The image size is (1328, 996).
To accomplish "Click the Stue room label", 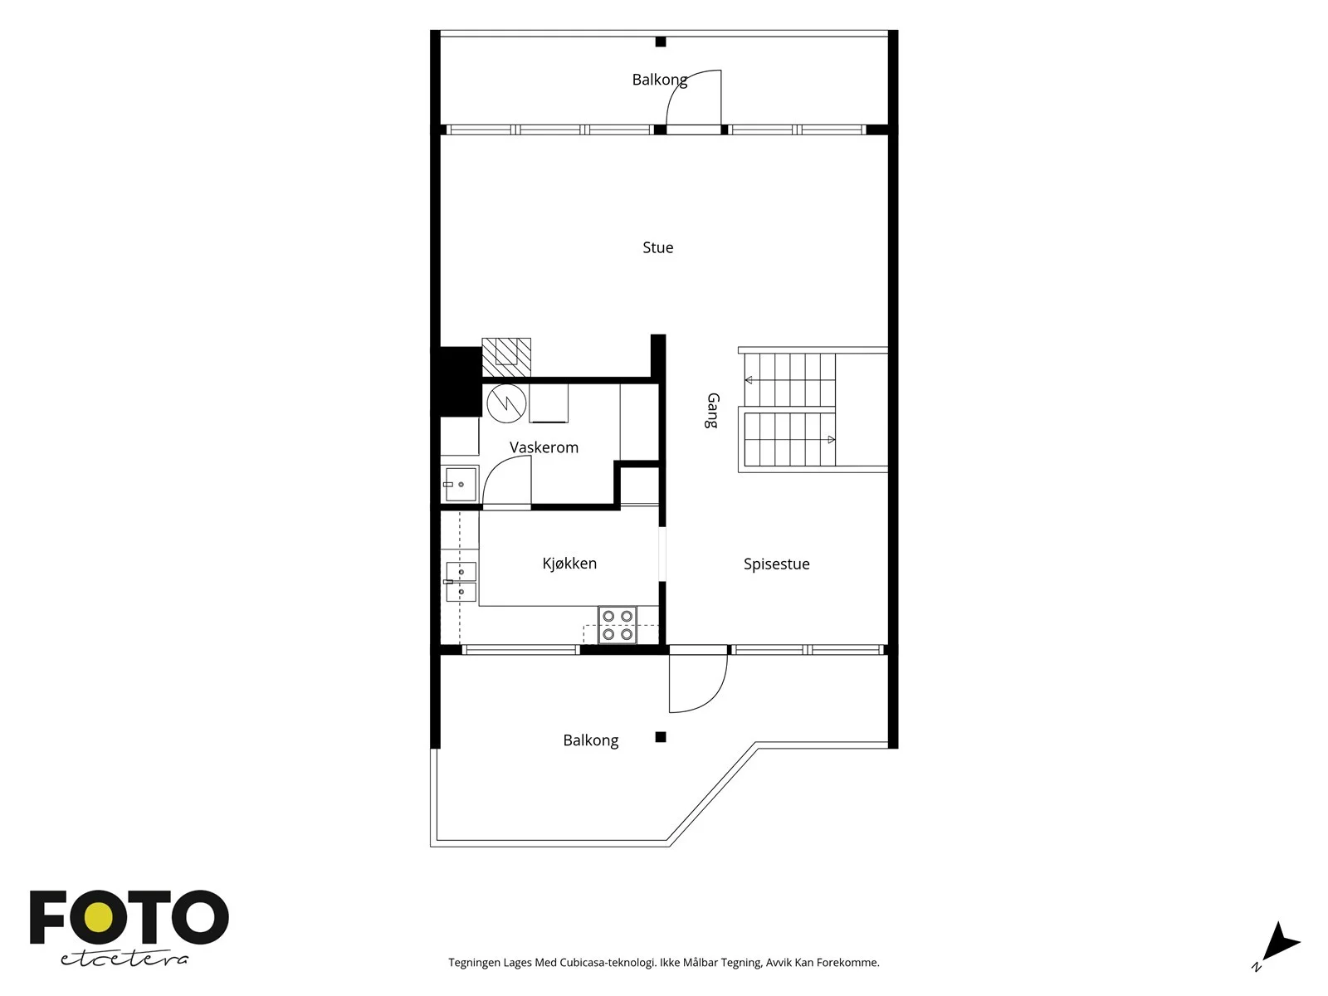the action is [657, 247].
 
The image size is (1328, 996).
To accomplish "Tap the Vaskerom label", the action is [544, 447].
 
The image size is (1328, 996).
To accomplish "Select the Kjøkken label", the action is [569, 564].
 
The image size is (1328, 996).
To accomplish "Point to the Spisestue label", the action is [776, 564].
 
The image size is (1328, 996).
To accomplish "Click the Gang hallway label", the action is [713, 411].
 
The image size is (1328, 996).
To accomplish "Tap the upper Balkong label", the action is [660, 80].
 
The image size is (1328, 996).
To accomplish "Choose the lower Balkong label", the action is [590, 741].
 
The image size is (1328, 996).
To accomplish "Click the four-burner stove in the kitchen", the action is [618, 625].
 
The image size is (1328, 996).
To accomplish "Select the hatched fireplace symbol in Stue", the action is [506, 358].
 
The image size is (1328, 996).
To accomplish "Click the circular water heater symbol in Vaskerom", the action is [506, 403].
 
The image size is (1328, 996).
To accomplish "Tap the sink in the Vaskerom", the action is [460, 485].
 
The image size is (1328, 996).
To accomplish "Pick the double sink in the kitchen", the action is [461, 582].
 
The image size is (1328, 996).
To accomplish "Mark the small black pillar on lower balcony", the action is [661, 737].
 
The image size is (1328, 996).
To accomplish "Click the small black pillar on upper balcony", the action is [661, 41].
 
